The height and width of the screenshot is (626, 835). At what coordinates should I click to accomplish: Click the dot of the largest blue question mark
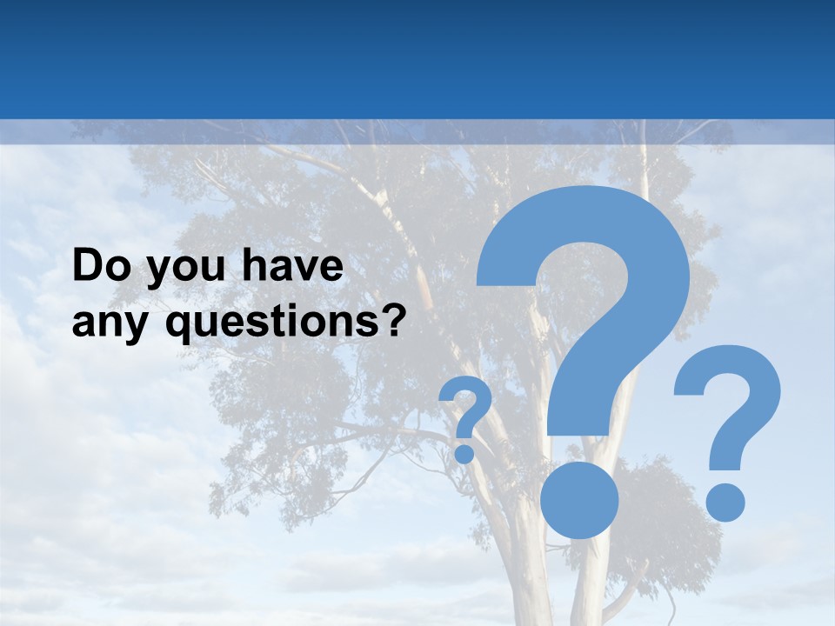578,499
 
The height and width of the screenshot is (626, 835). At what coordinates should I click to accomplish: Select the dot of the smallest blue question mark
464,453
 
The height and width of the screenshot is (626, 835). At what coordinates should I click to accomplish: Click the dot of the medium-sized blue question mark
724,502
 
